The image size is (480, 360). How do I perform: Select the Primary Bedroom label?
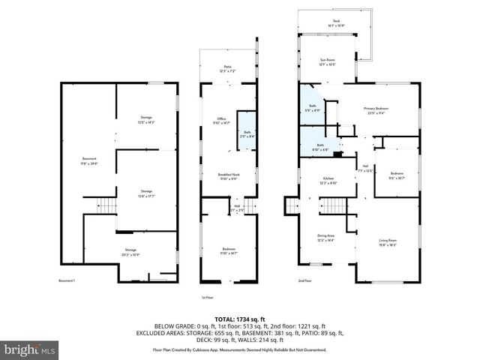coord(379,110)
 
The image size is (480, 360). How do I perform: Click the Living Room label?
coord(388,242)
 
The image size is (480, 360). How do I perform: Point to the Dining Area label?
coord(325,237)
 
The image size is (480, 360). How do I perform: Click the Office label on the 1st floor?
coord(221,121)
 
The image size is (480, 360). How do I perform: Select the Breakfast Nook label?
coord(228,176)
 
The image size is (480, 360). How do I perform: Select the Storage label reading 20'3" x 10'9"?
coord(130,251)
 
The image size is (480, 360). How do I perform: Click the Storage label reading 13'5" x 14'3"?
coord(146,119)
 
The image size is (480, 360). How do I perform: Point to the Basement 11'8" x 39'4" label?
coord(88,160)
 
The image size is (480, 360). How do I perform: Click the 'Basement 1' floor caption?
coord(67,280)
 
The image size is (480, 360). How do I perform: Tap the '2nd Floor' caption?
coord(304,280)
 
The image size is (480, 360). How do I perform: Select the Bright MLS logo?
coord(30,349)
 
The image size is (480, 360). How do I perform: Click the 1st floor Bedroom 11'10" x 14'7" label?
coord(229,251)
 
